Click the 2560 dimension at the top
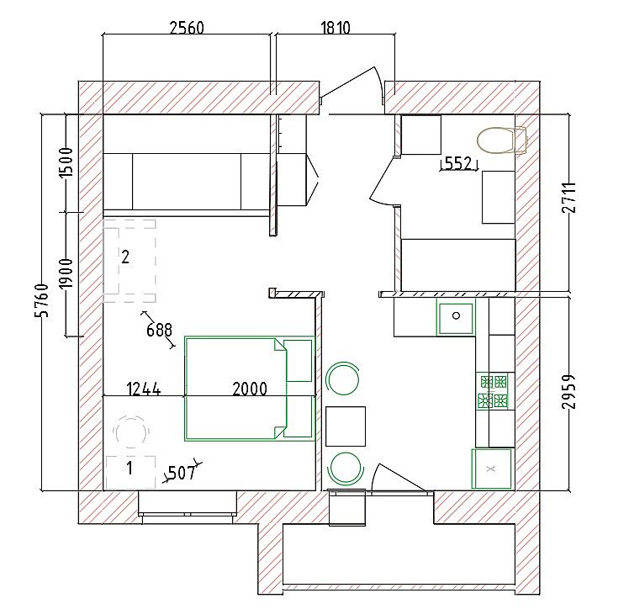[187, 28]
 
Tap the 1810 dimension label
[336, 28]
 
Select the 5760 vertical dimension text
[42, 300]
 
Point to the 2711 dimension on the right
[568, 198]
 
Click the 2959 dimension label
[568, 391]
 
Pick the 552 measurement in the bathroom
[458, 163]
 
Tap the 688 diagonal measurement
[159, 330]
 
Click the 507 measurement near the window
[182, 474]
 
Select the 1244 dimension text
[144, 389]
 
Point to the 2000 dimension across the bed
[250, 389]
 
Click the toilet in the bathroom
[501, 140]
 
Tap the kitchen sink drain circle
[456, 315]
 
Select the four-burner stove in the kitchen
[491, 391]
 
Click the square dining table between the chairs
[346, 426]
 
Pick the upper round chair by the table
[342, 379]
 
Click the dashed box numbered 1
[130, 472]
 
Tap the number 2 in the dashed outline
[125, 257]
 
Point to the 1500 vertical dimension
[66, 162]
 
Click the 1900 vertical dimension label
[66, 273]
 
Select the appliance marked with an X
[492, 469]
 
